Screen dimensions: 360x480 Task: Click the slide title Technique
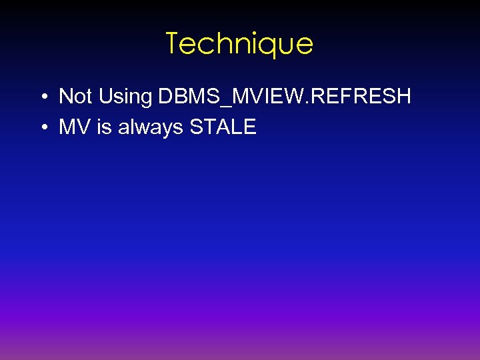[239, 44]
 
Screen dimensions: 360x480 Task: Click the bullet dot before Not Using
[42, 97]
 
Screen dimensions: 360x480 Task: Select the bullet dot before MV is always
[42, 127]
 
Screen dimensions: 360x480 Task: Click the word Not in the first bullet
[75, 97]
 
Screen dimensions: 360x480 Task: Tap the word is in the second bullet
[104, 127]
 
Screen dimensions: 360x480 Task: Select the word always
[151, 127]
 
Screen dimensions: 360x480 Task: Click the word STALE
[223, 127]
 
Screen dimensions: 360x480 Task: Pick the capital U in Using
[105, 97]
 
